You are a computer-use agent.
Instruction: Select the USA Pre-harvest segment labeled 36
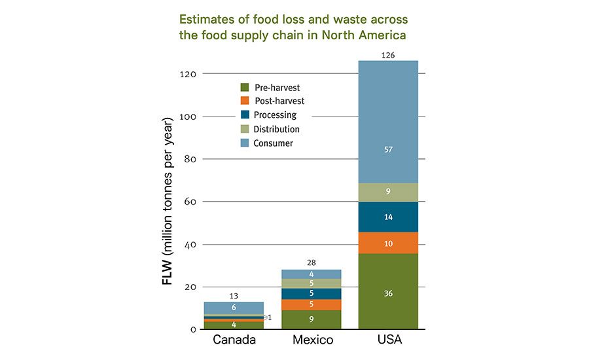[388, 293]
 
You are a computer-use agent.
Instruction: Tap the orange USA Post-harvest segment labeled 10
[388, 243]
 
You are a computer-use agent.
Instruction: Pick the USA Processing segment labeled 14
[388, 217]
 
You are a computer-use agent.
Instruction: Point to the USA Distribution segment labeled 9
[388, 192]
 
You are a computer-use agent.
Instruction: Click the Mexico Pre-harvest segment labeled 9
[311, 319]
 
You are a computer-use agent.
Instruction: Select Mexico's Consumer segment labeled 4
[311, 274]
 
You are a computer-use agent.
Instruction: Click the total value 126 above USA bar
[388, 55]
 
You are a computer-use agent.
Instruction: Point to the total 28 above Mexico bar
[311, 263]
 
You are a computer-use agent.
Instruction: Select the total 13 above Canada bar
[234, 296]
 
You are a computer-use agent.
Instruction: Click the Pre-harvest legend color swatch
[245, 87]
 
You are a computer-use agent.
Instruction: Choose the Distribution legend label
[276, 129]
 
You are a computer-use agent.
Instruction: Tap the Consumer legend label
[273, 143]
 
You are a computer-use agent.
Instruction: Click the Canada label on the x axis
[234, 340]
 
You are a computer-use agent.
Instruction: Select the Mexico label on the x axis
[311, 340]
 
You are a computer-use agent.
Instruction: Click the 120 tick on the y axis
[187, 74]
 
